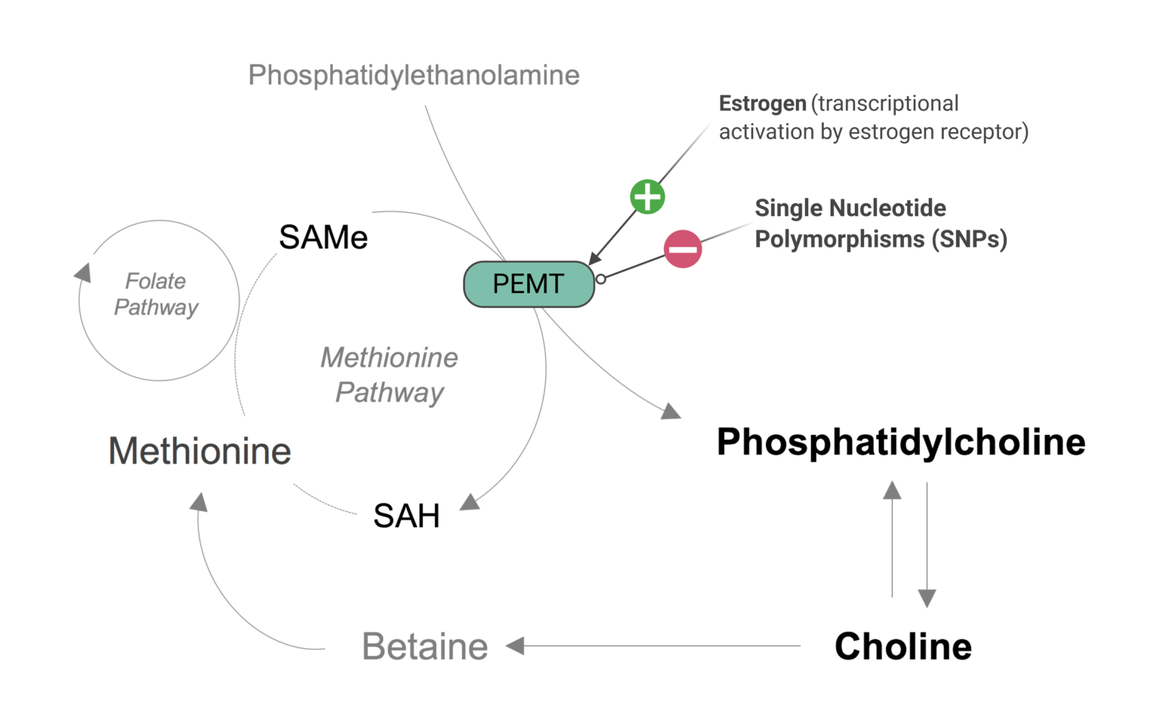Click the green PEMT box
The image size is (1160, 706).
coord(529,284)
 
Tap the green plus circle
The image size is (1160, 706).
coord(647,197)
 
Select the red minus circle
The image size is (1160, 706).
coord(683,249)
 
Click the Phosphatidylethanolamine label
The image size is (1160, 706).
coord(414,76)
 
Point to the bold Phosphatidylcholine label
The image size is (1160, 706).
coord(901,442)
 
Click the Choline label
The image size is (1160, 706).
coord(903,646)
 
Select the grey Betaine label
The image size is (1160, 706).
coord(425,647)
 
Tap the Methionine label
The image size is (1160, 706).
coord(200,452)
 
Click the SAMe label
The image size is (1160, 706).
coord(323,238)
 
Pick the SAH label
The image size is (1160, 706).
coord(406,516)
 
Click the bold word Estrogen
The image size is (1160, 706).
coord(763,103)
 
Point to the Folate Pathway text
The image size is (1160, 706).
coord(156,294)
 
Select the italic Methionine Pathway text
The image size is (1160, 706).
coord(390,375)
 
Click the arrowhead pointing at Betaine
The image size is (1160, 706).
coord(515,646)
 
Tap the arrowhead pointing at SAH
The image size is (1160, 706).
coord(470,502)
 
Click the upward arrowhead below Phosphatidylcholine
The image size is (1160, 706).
coord(893,491)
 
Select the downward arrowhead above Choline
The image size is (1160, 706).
coord(927,598)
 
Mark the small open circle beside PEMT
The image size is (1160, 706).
coord(601,279)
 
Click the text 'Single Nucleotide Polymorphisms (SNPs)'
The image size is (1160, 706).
coord(881,224)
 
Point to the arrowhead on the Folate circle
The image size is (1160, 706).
coord(83,273)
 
